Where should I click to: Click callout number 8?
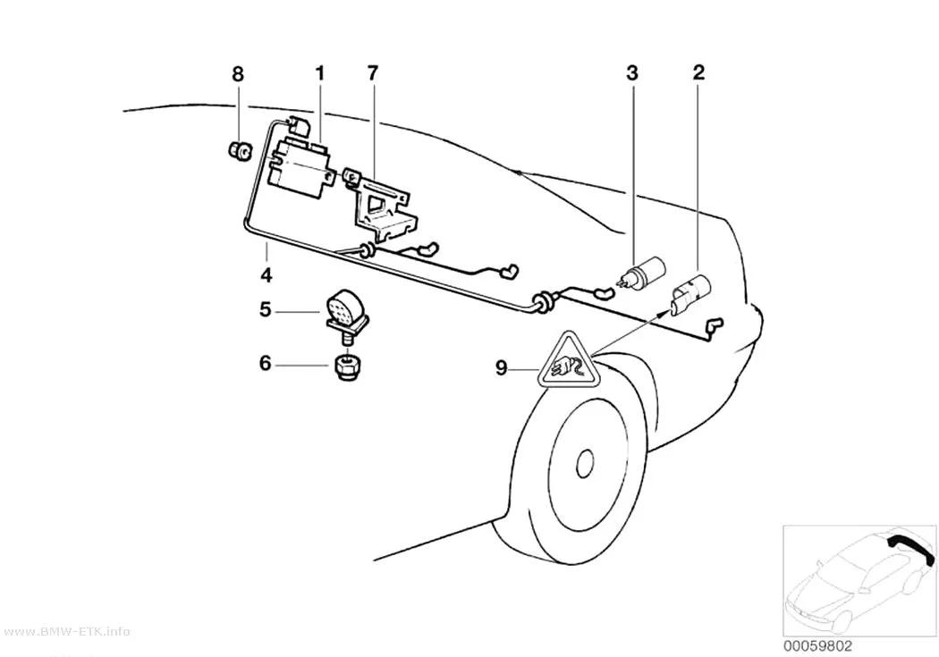click(238, 74)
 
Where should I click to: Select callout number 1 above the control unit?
click(320, 73)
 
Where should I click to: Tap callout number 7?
click(373, 73)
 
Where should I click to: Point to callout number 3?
click(632, 73)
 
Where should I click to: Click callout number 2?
click(698, 72)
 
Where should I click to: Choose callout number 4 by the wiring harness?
click(266, 276)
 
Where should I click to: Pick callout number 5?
click(266, 310)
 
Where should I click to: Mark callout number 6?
click(266, 363)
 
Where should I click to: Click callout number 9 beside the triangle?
click(501, 368)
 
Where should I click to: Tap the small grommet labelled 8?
click(239, 151)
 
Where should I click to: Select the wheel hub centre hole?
click(584, 464)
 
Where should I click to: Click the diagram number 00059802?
click(817, 647)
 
